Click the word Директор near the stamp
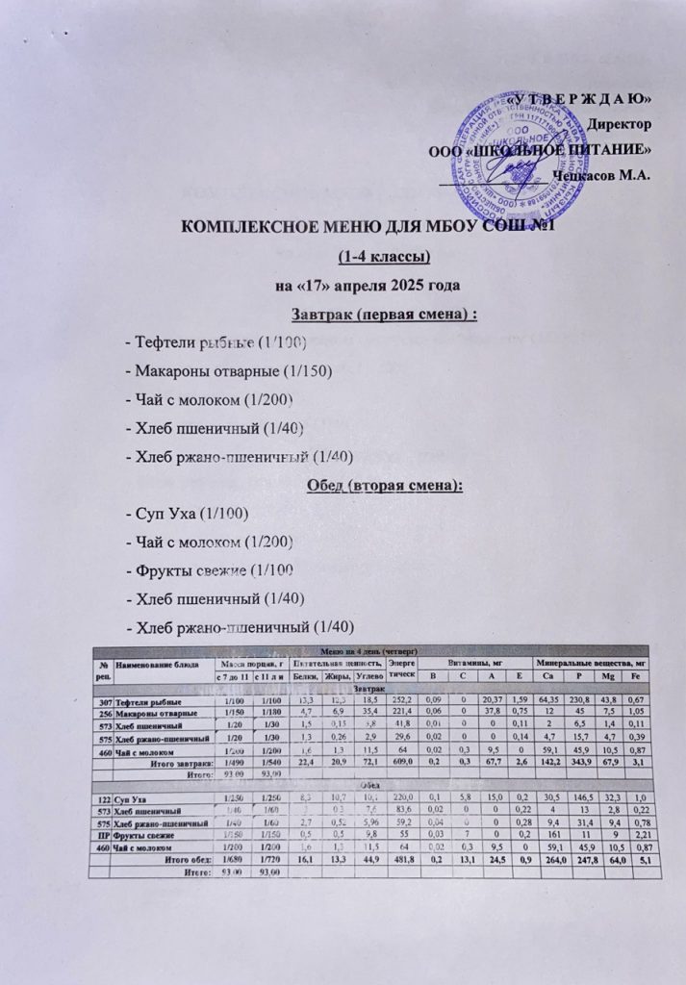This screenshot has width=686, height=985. [x=622, y=125]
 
